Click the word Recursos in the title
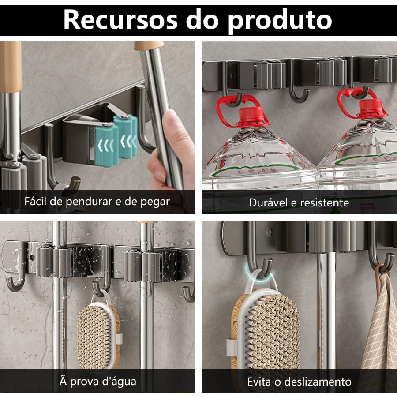(x=120, y=20)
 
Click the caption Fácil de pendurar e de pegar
(x=97, y=202)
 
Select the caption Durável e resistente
(x=299, y=202)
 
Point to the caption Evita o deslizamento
(x=299, y=382)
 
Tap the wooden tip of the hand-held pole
(x=149, y=45)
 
